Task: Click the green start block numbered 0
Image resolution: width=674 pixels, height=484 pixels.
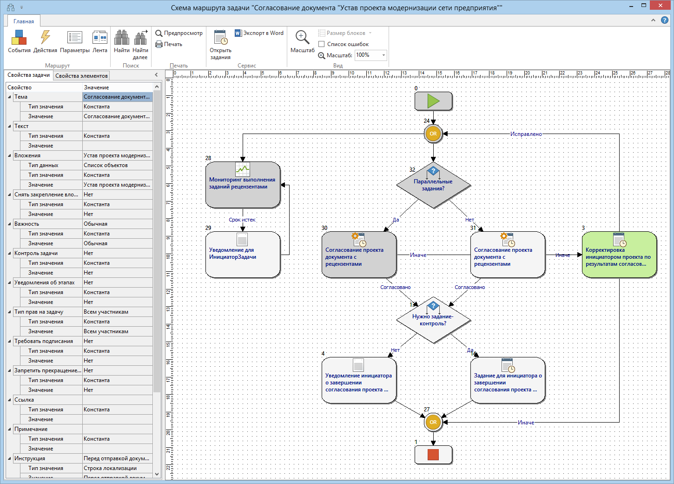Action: [x=433, y=101]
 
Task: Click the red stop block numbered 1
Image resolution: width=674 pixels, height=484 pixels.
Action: [x=433, y=455]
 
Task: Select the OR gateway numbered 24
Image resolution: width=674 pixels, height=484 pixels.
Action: [x=433, y=134]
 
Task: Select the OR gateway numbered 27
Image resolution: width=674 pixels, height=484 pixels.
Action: [x=433, y=422]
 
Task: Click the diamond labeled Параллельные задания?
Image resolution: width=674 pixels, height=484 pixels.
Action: [x=433, y=185]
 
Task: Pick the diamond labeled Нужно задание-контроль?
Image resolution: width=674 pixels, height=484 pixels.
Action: [x=433, y=320]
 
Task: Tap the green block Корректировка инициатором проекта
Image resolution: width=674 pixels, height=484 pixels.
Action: [x=619, y=255]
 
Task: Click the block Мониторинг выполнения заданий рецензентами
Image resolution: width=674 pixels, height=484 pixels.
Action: [x=243, y=185]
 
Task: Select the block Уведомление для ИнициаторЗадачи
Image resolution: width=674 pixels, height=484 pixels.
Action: [x=243, y=255]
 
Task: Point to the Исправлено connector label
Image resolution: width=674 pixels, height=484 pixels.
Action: [x=526, y=134]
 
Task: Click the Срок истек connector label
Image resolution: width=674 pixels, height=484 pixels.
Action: [x=242, y=220]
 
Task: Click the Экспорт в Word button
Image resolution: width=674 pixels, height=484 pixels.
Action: [x=259, y=33]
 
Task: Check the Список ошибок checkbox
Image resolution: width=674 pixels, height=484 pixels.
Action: [x=321, y=44]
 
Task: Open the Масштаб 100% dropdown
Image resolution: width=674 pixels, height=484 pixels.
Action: [x=383, y=55]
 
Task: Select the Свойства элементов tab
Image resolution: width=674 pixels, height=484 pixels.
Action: [x=81, y=76]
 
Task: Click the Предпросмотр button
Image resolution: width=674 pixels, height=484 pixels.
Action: [x=179, y=33]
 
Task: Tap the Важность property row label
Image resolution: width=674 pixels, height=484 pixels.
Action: [x=27, y=224]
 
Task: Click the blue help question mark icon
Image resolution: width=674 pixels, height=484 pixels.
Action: [x=664, y=20]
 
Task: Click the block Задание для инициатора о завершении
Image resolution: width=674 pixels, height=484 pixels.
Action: [x=508, y=380]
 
